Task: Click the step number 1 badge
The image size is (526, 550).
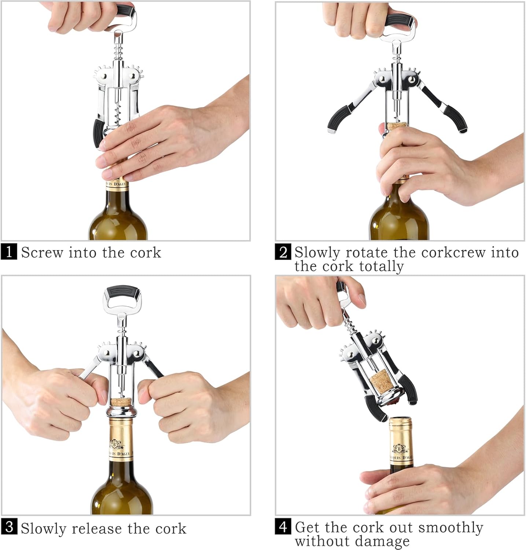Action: click(9, 252)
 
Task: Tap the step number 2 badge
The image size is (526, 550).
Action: click(283, 252)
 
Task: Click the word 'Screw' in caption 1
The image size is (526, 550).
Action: click(42, 253)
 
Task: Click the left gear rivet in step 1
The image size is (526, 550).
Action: click(105, 77)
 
